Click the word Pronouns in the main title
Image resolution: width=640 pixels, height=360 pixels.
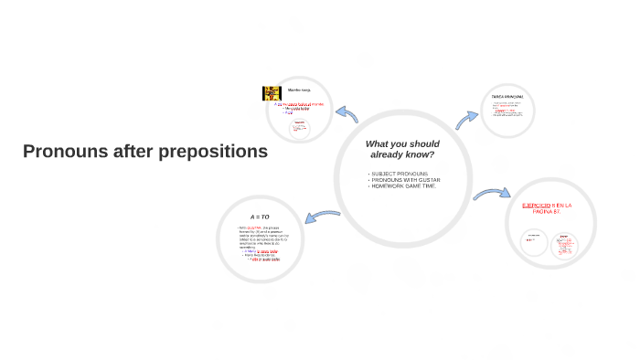64,152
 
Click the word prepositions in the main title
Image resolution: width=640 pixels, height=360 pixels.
211,152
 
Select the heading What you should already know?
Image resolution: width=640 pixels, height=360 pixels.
401,149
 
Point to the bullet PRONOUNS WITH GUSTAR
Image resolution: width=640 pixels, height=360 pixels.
406,180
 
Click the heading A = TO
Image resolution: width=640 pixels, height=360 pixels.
260,217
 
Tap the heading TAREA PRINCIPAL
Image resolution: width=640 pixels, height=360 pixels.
507,96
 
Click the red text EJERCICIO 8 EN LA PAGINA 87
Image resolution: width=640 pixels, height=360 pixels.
547,208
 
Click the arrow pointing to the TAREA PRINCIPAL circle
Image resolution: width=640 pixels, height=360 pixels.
467,119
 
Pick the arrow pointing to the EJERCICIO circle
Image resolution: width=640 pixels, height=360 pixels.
492,194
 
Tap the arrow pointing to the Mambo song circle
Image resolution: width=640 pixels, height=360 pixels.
347,114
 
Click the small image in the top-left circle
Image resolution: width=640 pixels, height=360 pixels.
272,93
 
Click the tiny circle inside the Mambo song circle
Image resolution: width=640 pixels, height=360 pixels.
298,129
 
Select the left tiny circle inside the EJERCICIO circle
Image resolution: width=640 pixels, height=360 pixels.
534,243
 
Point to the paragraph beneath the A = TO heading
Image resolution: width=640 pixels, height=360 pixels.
260,243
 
